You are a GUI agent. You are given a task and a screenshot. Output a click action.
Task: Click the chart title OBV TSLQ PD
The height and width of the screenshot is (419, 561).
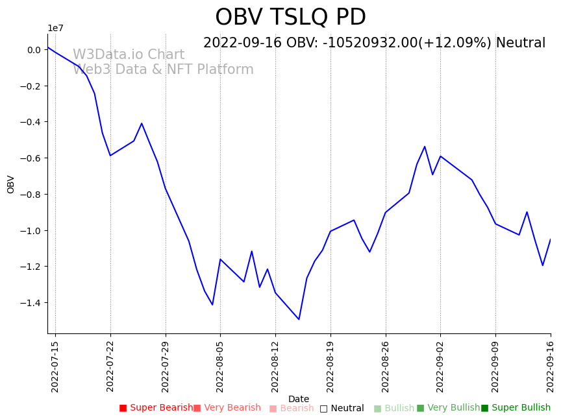pos(290,18)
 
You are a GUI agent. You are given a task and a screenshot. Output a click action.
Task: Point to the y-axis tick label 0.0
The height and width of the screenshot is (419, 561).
pos(34,50)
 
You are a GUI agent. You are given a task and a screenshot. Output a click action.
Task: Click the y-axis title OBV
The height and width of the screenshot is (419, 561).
pos(11,184)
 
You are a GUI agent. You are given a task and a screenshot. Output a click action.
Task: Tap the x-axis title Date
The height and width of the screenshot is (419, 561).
pos(299,399)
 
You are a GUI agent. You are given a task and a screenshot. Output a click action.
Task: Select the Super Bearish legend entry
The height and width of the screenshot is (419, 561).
pos(156,408)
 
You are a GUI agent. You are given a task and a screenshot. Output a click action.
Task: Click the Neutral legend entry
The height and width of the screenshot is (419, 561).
pos(342,409)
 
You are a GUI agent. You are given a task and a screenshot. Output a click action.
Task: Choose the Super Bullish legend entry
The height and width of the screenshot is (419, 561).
pos(516,408)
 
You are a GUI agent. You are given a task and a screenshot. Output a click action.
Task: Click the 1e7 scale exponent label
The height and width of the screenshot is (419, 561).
pos(55,28)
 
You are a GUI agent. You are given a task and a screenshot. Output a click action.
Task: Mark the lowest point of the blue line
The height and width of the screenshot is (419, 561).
pos(299,319)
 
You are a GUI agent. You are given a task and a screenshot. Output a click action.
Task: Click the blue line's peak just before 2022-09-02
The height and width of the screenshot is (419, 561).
pos(425,147)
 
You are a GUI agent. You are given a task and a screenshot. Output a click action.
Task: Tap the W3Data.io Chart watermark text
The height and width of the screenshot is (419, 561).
pos(129,55)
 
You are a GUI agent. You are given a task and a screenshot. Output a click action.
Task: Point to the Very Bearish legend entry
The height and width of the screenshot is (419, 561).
pos(227,408)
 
